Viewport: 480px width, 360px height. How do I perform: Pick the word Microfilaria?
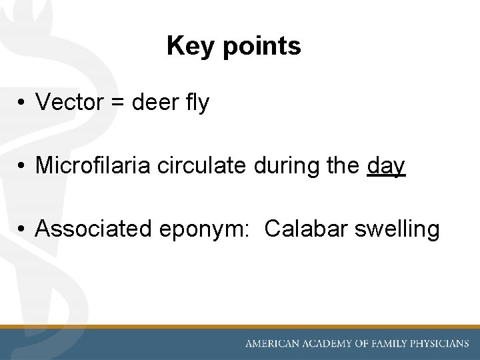[x=93, y=165]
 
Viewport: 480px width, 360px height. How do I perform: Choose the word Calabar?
[x=306, y=229]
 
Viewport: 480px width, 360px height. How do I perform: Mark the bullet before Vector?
[x=22, y=103]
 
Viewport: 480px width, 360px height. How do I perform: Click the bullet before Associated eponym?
[x=22, y=229]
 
